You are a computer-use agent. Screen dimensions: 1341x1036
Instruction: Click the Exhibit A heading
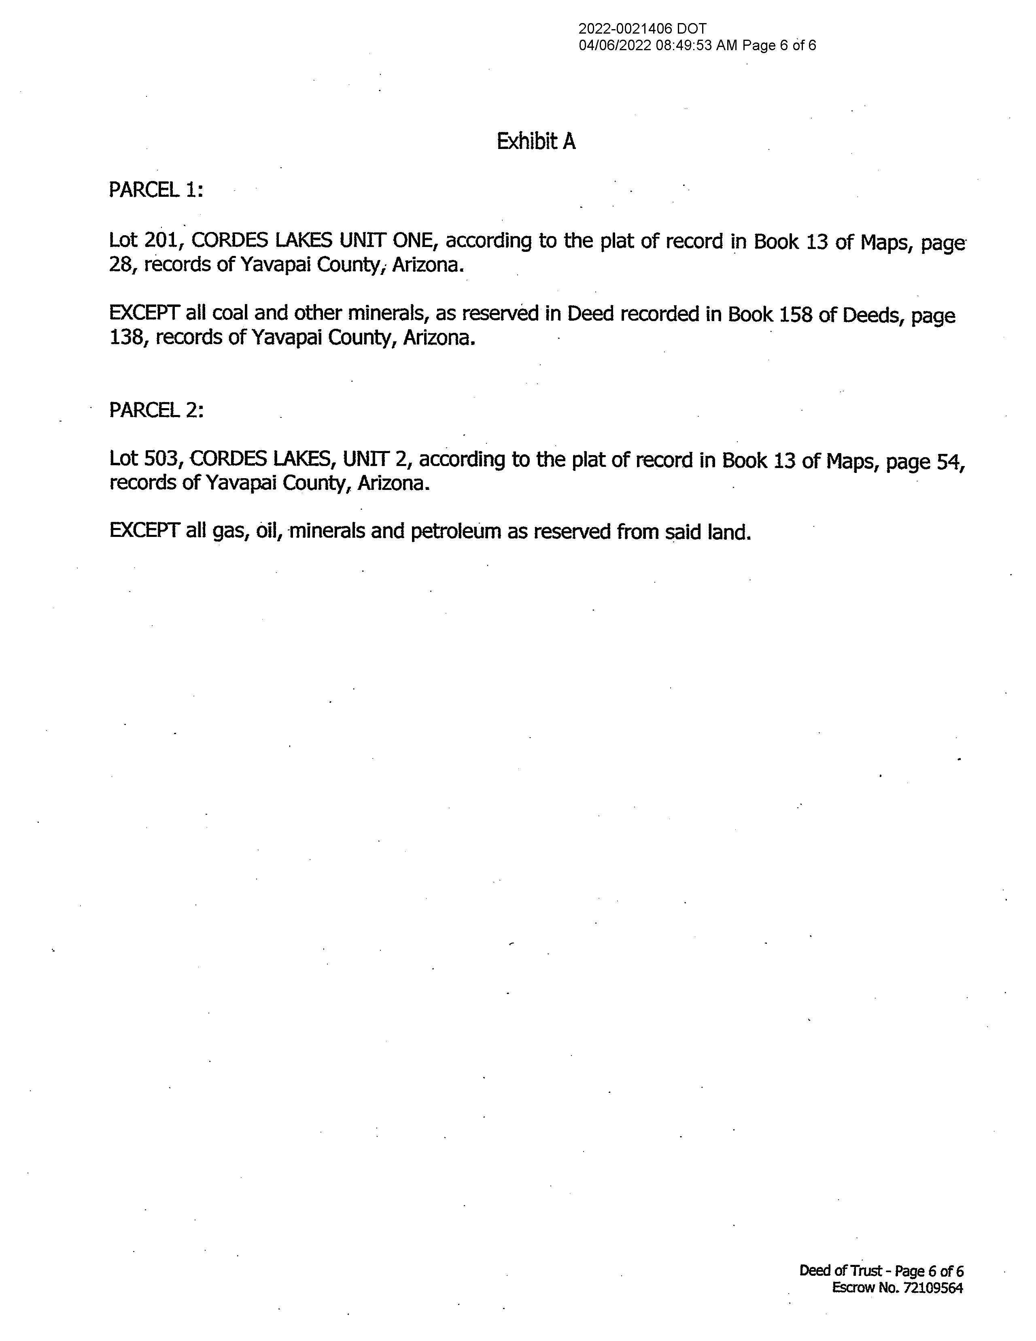(x=536, y=142)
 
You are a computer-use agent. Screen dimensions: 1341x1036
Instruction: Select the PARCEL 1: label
(x=155, y=190)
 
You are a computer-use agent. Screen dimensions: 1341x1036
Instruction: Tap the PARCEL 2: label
(x=156, y=409)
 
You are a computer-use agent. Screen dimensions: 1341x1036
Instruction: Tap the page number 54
(x=951, y=460)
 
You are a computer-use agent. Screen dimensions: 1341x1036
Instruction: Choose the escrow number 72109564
(x=933, y=1288)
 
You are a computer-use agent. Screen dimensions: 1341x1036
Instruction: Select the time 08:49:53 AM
(x=696, y=45)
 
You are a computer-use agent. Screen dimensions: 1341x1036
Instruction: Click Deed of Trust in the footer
(x=841, y=1271)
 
